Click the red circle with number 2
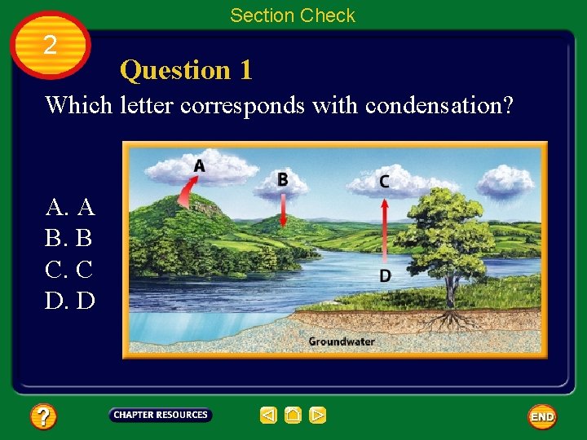(x=51, y=45)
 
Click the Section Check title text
(x=293, y=15)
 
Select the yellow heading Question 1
(x=186, y=71)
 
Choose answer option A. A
(x=71, y=207)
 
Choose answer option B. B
(x=69, y=238)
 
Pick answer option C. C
(x=69, y=269)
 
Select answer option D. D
(x=71, y=301)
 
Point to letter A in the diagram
(x=199, y=166)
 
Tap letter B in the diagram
(x=282, y=178)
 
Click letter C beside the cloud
(x=384, y=182)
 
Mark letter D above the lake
(x=385, y=275)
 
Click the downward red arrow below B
(x=282, y=210)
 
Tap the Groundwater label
(x=341, y=341)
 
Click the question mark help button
(x=43, y=417)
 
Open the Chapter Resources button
(x=161, y=416)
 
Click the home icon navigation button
(x=293, y=416)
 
